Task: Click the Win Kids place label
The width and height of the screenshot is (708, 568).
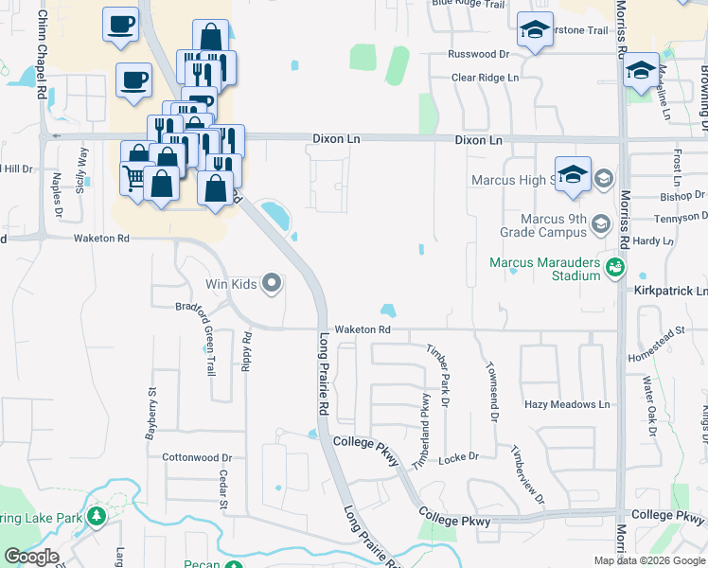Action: click(x=232, y=283)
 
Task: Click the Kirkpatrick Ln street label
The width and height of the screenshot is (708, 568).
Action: click(x=670, y=292)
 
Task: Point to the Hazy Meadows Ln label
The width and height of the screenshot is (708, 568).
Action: click(x=568, y=404)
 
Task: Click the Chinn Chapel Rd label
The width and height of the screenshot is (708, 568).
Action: click(x=43, y=53)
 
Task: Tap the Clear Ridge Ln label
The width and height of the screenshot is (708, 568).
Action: click(x=485, y=77)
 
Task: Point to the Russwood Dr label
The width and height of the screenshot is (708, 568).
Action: click(x=479, y=55)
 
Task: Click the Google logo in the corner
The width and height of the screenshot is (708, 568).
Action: click(x=30, y=557)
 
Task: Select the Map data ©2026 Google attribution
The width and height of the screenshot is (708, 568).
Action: click(x=649, y=560)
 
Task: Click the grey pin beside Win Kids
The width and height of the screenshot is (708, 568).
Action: click(x=273, y=283)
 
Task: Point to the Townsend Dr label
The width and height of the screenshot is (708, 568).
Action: click(x=492, y=389)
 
